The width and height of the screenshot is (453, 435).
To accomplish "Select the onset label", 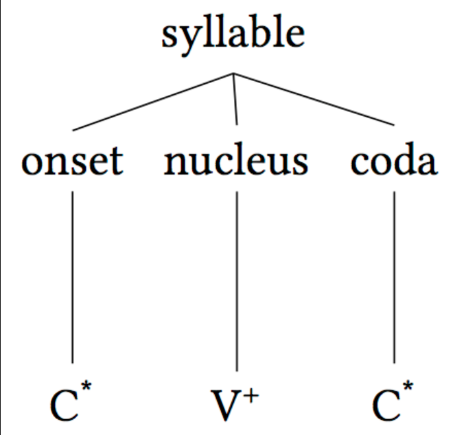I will [72, 161].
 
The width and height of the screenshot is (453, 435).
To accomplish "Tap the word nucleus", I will [235, 161].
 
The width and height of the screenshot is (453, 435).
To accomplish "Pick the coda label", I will [394, 161].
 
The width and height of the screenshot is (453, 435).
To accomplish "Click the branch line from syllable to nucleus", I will [235, 100].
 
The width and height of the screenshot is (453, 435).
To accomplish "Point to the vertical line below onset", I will [72, 275].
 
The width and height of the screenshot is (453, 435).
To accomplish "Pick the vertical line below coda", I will [394, 275].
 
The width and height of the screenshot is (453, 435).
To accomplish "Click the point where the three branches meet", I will [234, 74].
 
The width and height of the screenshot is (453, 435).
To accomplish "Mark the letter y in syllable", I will [183, 38].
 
